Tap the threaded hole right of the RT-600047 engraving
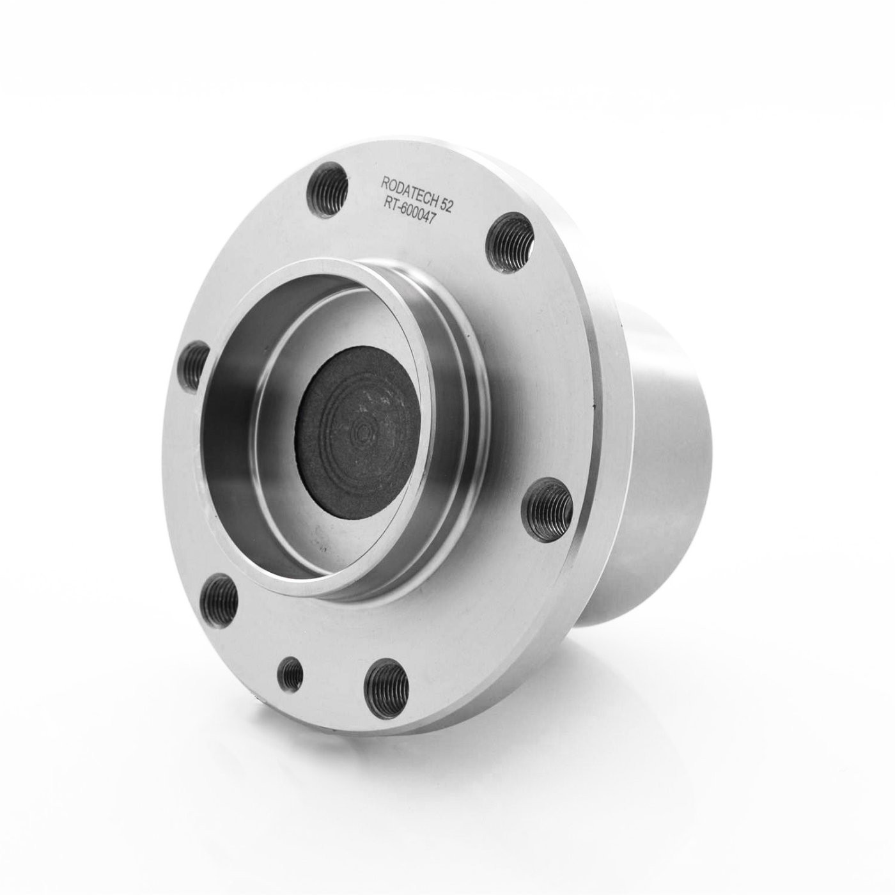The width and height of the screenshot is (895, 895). (x=511, y=237)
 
